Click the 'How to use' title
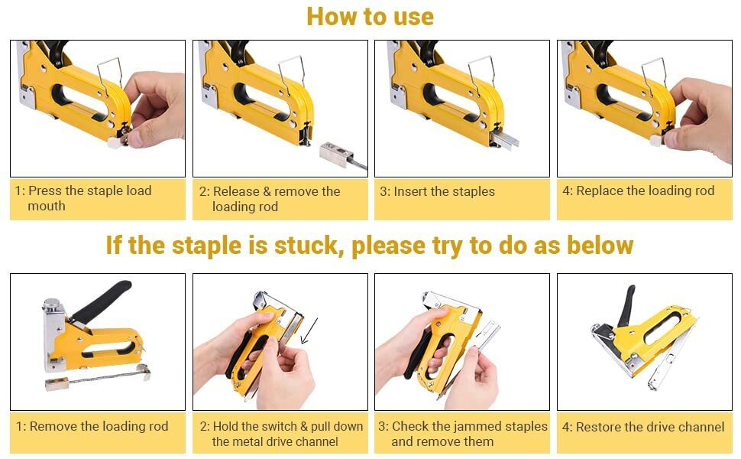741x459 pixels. pos(370,17)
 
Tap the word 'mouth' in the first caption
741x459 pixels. pos(47,207)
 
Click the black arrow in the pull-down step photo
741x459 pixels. pos(309,330)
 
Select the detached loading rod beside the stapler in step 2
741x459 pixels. pos(343,155)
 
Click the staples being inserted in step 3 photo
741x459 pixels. pos(504,139)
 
